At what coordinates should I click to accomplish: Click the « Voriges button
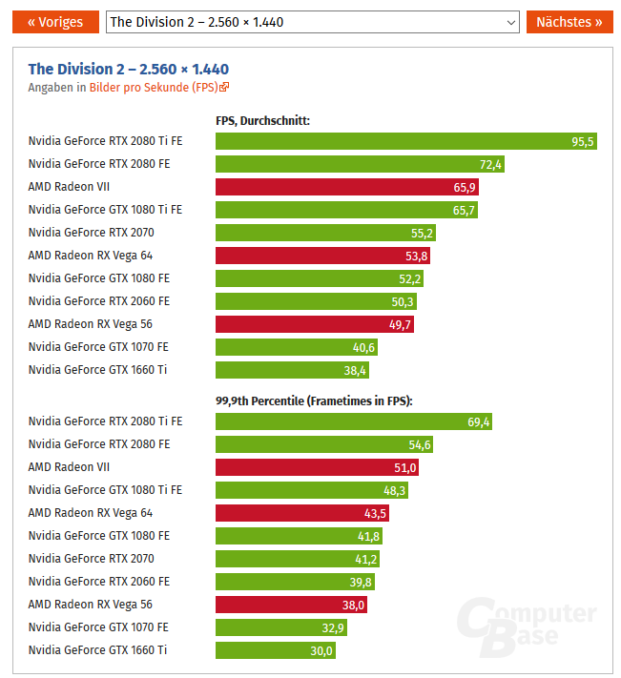click(55, 22)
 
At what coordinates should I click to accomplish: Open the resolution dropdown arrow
click(509, 22)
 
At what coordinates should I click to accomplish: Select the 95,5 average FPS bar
click(405, 141)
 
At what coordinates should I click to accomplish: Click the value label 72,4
click(490, 164)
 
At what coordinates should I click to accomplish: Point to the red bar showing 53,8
click(323, 256)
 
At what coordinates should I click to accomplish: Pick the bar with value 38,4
click(292, 370)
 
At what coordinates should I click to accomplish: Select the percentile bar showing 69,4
click(353, 421)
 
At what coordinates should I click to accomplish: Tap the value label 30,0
click(321, 650)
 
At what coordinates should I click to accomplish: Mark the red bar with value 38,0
click(291, 605)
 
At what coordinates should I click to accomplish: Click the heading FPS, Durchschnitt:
click(263, 120)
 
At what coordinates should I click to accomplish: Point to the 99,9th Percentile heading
click(321, 401)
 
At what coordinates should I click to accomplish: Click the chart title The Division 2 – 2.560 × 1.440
click(129, 69)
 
